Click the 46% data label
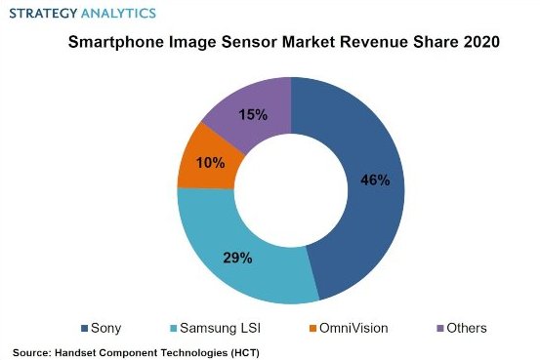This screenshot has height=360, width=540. point(375,180)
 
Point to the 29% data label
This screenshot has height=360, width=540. point(238,258)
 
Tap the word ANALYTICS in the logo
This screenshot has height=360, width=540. point(119,14)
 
